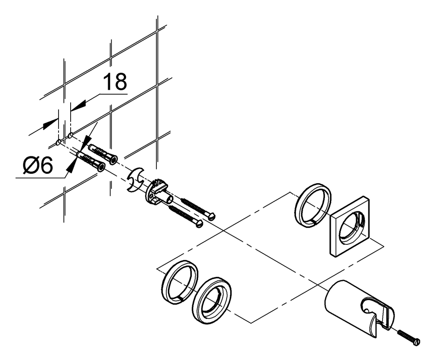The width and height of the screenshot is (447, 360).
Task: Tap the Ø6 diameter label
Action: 38,166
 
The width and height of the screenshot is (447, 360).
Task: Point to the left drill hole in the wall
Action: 59,142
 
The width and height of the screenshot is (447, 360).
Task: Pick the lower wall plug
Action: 92,161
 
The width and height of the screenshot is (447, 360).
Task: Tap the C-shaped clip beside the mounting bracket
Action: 134,181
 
